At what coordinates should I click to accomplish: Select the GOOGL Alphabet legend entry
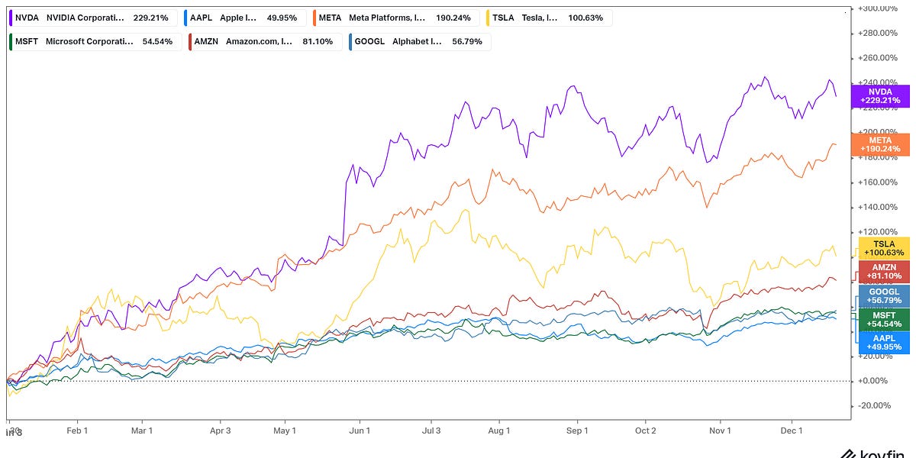click(x=418, y=41)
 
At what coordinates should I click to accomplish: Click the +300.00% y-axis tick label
click(x=877, y=8)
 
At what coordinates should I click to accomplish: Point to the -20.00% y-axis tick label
click(x=877, y=406)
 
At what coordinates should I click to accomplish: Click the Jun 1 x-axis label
click(x=360, y=431)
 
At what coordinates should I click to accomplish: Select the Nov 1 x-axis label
click(x=720, y=431)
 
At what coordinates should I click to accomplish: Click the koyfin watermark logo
click(x=878, y=452)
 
